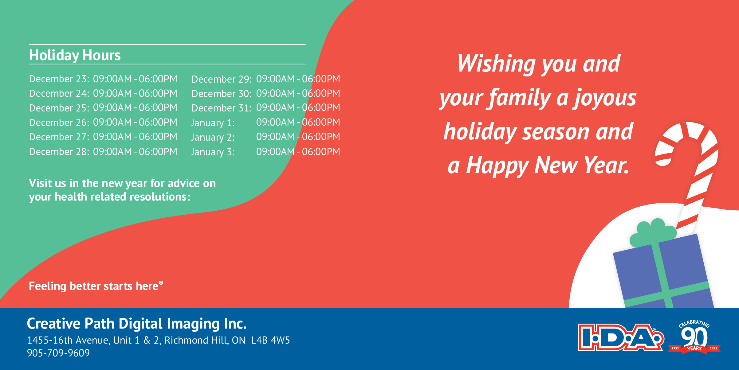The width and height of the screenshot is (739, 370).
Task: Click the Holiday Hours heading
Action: point(75,56)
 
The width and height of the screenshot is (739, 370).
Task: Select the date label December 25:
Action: point(59,108)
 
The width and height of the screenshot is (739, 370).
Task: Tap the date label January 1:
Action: point(213,123)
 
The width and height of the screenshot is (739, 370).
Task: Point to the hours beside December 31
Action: point(298,107)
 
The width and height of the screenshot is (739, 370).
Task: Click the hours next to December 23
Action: point(135,79)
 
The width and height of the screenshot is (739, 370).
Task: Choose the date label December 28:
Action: point(59,152)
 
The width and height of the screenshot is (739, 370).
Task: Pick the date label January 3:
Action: point(213,152)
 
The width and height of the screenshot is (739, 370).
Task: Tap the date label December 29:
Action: point(222,79)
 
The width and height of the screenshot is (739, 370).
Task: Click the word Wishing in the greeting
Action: point(496,64)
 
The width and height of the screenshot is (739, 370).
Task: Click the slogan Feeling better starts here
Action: point(96,286)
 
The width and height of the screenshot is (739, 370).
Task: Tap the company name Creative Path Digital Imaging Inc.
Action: point(137,324)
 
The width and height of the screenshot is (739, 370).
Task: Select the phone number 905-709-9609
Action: point(58,353)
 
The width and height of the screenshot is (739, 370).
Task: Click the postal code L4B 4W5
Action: point(270,340)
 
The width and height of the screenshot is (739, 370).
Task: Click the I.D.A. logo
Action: point(621,337)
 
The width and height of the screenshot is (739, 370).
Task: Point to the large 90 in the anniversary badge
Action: point(694,337)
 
